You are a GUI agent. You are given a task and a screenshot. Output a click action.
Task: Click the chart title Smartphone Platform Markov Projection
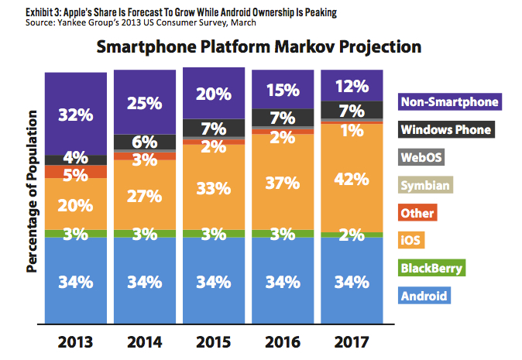(x=259, y=47)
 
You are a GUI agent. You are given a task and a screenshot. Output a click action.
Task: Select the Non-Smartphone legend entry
(x=448, y=101)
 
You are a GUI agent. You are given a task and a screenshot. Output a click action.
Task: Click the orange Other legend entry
(x=417, y=213)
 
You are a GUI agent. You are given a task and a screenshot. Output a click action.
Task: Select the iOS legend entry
(x=411, y=241)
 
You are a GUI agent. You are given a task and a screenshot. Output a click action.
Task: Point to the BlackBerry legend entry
(x=433, y=269)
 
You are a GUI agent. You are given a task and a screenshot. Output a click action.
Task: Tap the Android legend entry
(x=424, y=296)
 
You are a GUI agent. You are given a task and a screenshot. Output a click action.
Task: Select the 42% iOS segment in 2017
(x=353, y=178)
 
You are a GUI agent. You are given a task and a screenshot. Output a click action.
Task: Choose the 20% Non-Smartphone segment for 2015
(x=214, y=94)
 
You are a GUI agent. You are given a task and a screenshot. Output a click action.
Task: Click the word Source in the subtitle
(x=17, y=22)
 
